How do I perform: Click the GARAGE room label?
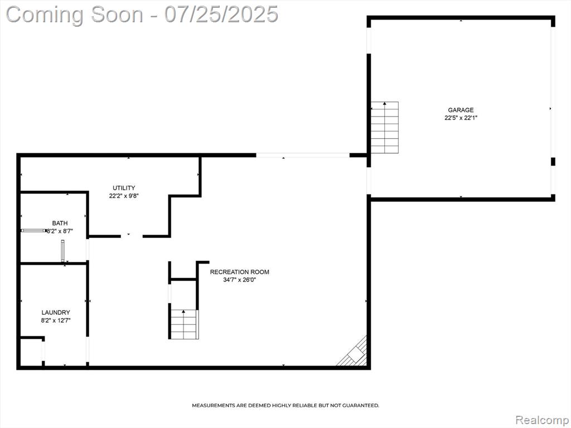coord(461,110)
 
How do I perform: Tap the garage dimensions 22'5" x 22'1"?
coord(461,118)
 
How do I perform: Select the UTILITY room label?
coord(124,188)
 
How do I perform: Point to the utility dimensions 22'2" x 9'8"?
coord(124,196)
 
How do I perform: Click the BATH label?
coord(60,223)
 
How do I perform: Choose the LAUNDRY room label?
coord(56,312)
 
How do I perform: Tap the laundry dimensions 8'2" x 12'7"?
coord(56,320)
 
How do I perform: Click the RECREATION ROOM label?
coord(240,272)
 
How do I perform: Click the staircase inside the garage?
coord(385,128)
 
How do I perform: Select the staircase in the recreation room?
coord(185,324)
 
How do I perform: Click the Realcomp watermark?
coord(541,420)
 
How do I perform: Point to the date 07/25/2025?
coord(221,14)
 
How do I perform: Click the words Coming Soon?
coord(75,14)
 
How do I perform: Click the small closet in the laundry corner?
coord(32,352)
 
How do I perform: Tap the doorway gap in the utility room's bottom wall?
coord(132,236)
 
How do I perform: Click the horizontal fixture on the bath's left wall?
coord(34,230)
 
